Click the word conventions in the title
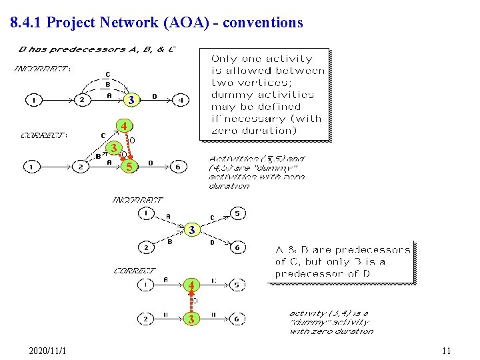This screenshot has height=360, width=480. pos(263,23)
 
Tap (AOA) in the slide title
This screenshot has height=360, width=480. pos(183,23)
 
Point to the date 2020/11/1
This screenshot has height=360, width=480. pos(52,351)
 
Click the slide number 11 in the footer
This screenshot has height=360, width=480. pos(446,351)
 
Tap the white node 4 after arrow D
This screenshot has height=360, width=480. pos(180,100)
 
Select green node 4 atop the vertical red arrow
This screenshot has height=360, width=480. pos(191,285)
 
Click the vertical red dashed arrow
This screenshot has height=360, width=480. pos(191,302)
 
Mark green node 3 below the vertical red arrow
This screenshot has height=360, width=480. pos(191,319)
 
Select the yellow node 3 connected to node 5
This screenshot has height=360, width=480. pos(115,147)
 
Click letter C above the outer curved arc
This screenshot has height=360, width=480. pos(108,74)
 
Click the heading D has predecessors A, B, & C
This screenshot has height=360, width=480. pos(97,49)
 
